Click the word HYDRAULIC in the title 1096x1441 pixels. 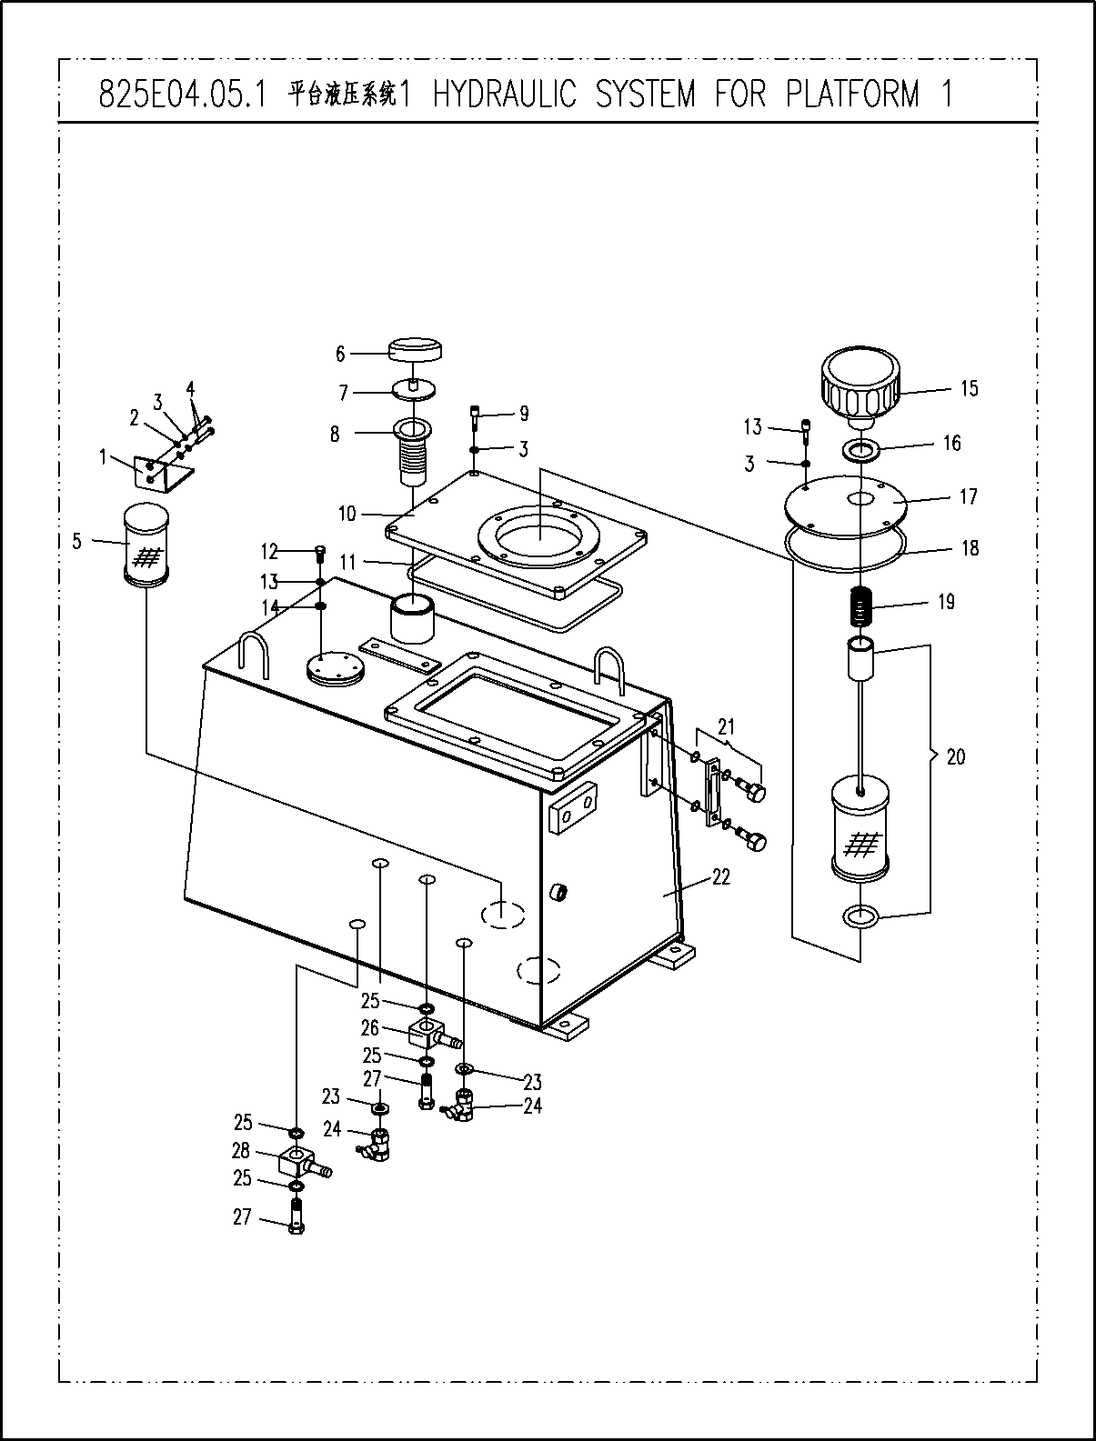(504, 94)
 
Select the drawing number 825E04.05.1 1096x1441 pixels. (183, 95)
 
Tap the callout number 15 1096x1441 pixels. (970, 388)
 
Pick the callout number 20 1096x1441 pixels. (956, 757)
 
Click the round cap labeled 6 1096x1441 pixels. (415, 351)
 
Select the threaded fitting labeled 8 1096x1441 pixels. (412, 452)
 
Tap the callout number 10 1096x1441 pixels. (347, 514)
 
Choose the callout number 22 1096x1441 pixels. (721, 877)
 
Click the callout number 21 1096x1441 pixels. (726, 726)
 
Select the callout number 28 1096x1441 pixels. (241, 1150)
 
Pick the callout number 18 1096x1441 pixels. (970, 548)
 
